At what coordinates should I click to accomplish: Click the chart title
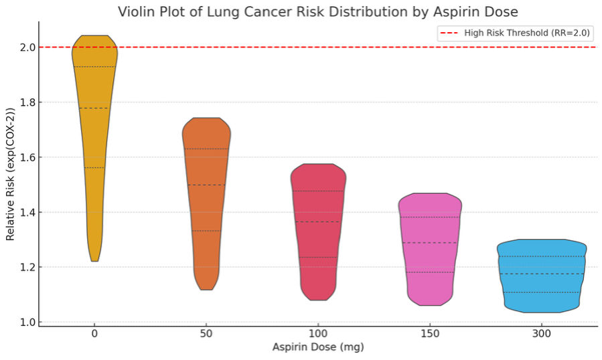pos(318,12)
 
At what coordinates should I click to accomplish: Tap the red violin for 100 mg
pos(318,228)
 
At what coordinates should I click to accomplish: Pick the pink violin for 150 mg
pos(430,248)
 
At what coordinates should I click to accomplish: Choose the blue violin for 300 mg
pos(542,274)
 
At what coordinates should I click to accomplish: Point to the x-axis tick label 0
pos(94,334)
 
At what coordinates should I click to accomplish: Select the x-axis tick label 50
pos(206,334)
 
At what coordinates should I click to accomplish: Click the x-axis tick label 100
pos(318,334)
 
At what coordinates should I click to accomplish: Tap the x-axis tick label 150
pos(430,334)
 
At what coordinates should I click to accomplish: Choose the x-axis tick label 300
pos(542,334)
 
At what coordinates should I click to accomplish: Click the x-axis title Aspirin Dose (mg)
pos(318,347)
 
